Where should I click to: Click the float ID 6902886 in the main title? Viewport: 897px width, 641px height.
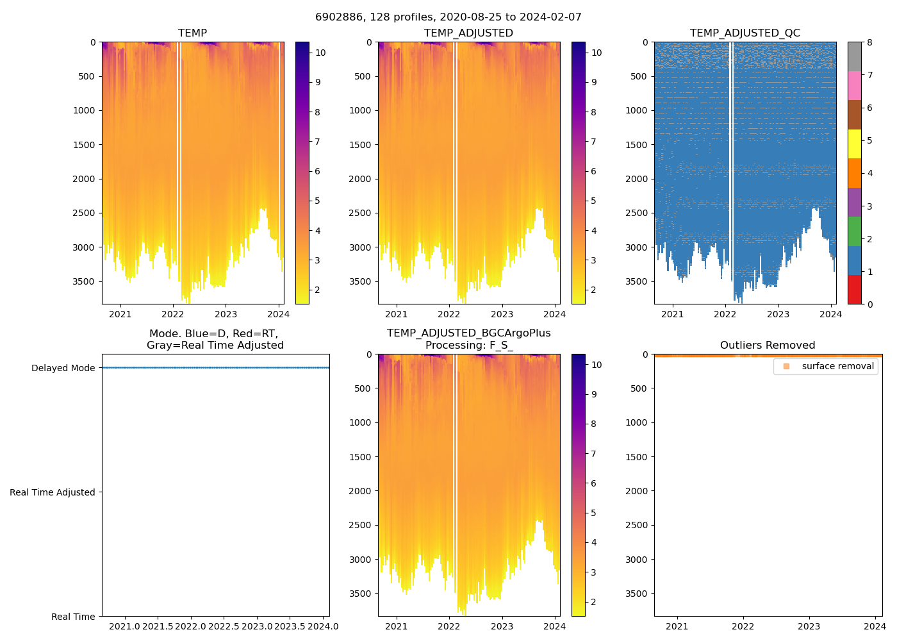pyautogui.click(x=336, y=17)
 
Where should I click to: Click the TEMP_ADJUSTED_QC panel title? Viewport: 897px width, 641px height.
pyautogui.click(x=745, y=33)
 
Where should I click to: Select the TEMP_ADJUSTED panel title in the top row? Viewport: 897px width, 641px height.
pyautogui.click(x=468, y=33)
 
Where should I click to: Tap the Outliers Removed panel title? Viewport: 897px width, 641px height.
pyautogui.click(x=767, y=345)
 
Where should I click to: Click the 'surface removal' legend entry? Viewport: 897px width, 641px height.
pyautogui.click(x=837, y=367)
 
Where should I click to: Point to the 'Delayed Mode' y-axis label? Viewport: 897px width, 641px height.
pyautogui.click(x=63, y=368)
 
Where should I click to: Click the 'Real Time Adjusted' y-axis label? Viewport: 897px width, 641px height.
pyautogui.click(x=53, y=492)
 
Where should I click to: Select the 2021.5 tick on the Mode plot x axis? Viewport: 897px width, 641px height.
pyautogui.click(x=158, y=626)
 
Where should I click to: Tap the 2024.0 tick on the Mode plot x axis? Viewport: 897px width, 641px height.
pyautogui.click(x=323, y=626)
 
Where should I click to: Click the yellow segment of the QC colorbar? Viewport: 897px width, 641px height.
pyautogui.click(x=854, y=144)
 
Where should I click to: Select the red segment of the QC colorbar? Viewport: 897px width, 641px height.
pyautogui.click(x=854, y=290)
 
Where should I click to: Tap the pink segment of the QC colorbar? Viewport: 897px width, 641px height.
pyautogui.click(x=854, y=85)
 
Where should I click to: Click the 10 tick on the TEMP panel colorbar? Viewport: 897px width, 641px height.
pyautogui.click(x=320, y=53)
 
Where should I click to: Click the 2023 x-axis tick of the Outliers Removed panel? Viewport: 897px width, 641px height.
pyautogui.click(x=809, y=626)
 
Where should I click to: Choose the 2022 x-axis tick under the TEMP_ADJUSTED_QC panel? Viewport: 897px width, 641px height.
pyautogui.click(x=725, y=314)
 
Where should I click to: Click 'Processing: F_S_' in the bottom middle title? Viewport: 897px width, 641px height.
pyautogui.click(x=468, y=345)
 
